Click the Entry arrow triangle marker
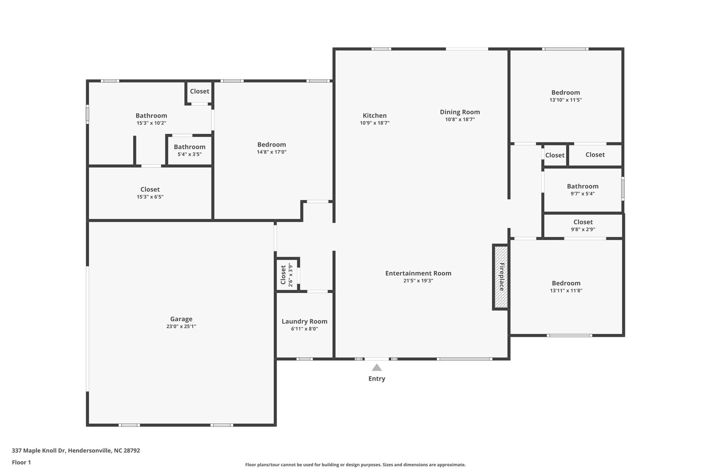coord(377,368)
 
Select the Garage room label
coord(181,319)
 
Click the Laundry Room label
coord(304,322)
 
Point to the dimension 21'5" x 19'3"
coord(418,281)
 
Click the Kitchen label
coord(375,116)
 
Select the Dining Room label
coord(460,112)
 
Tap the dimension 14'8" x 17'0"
coord(271,152)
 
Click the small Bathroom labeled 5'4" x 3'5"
coord(190,150)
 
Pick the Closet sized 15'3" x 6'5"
coord(150,193)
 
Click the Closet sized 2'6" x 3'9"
coord(287,275)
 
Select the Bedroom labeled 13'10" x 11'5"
coord(566,95)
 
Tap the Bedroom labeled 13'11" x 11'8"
coord(566,286)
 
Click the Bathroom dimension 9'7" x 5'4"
coord(583,194)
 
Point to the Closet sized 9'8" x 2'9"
coord(583,225)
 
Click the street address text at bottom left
coord(76,450)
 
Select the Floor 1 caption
coord(21,462)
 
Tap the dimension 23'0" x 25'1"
coord(181,326)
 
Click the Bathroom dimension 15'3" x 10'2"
coord(151,123)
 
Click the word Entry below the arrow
coord(377,379)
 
